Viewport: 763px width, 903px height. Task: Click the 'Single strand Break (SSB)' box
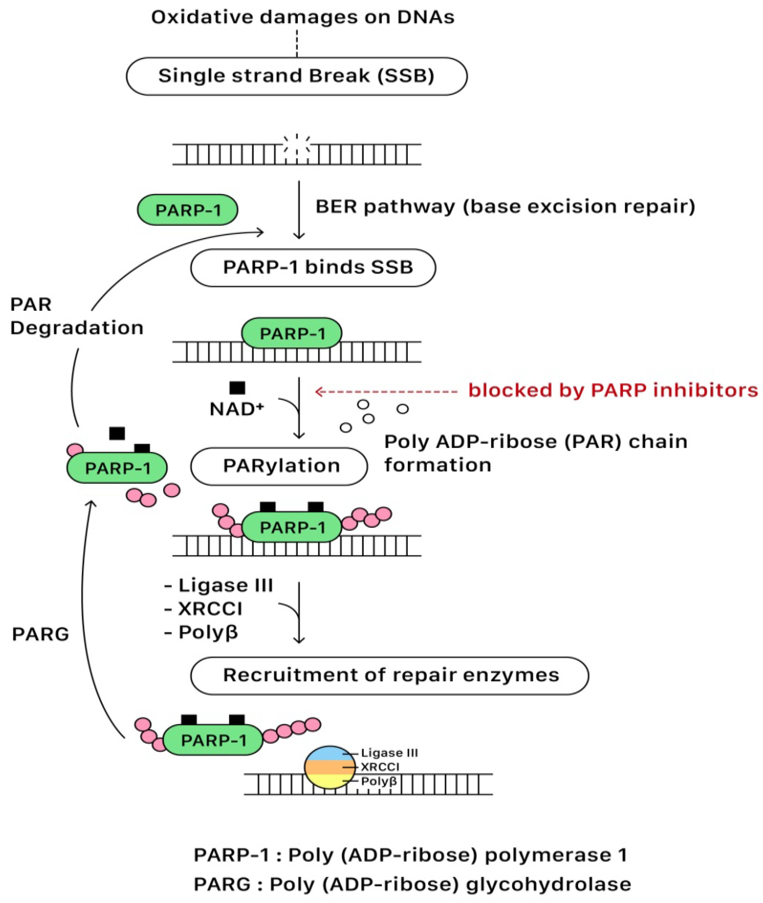297,76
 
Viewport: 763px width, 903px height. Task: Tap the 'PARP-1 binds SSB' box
313,268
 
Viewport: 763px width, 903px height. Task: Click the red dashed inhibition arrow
386,392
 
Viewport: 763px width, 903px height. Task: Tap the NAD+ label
237,409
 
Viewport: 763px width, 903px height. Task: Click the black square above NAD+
237,388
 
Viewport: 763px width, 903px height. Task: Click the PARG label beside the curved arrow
41,634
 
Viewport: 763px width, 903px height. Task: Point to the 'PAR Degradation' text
77,316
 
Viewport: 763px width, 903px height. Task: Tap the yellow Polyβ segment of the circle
330,781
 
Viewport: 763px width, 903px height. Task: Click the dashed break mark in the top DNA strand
297,149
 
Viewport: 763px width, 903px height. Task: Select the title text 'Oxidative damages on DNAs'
303,17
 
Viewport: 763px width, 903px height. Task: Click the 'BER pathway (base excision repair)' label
505,207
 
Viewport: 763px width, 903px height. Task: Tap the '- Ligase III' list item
219,585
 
